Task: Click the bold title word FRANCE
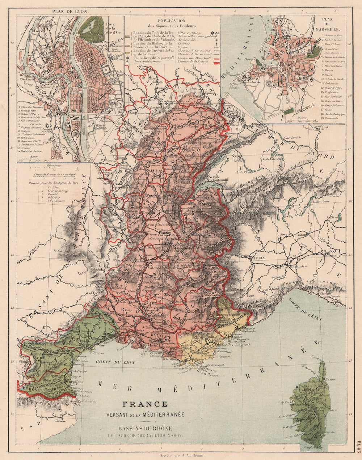click(145, 404)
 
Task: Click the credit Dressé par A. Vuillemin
click(181, 456)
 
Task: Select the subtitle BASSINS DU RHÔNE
click(145, 429)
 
